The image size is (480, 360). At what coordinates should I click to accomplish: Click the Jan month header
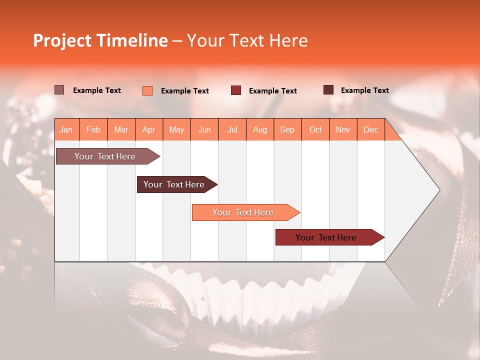tap(66, 130)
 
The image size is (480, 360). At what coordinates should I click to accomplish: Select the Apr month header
tap(149, 130)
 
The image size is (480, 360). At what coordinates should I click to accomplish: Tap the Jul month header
tap(232, 130)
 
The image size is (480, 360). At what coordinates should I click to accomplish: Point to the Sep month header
tap(287, 130)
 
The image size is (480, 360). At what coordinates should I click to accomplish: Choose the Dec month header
tap(370, 130)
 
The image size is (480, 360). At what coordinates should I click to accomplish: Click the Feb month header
tap(93, 130)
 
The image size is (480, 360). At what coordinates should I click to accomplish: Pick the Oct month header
tap(315, 130)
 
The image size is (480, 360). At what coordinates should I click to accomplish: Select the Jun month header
tap(204, 130)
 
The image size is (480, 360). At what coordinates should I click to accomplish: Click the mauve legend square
tap(59, 90)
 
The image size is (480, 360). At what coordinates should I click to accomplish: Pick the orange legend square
tap(147, 90)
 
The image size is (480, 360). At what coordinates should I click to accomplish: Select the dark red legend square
tap(236, 90)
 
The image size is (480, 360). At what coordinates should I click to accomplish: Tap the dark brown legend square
tap(328, 90)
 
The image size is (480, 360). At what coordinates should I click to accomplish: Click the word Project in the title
tap(62, 40)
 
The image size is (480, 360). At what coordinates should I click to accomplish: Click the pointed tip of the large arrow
tap(438, 190)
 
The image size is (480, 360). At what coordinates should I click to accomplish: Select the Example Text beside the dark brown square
tap(364, 90)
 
